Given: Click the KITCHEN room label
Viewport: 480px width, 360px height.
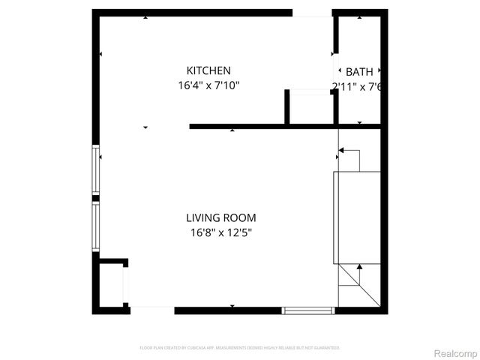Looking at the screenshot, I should click(208, 70).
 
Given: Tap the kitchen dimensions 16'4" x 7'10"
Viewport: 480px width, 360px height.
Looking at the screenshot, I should click(208, 85).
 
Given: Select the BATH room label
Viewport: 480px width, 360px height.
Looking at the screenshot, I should click(358, 72).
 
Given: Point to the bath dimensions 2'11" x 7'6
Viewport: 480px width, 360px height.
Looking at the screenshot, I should click(357, 86).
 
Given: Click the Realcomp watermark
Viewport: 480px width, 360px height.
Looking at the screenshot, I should click(456, 353).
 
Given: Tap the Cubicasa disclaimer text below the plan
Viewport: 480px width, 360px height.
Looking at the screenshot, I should click(240, 348).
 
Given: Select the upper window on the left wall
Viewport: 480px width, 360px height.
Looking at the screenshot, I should click(95, 169).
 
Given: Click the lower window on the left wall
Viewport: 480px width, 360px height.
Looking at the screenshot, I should click(95, 226).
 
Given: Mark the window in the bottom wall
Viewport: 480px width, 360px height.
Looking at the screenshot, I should click(308, 309).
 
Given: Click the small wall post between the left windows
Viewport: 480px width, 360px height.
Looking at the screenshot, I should click(95, 198).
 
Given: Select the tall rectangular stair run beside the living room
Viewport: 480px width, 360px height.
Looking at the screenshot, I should click(357, 217).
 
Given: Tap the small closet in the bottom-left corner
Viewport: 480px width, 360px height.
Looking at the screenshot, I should click(112, 284).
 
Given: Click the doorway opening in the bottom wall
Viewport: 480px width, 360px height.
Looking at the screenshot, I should click(152, 309).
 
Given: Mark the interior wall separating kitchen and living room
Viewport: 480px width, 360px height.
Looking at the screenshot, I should click(262, 126).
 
